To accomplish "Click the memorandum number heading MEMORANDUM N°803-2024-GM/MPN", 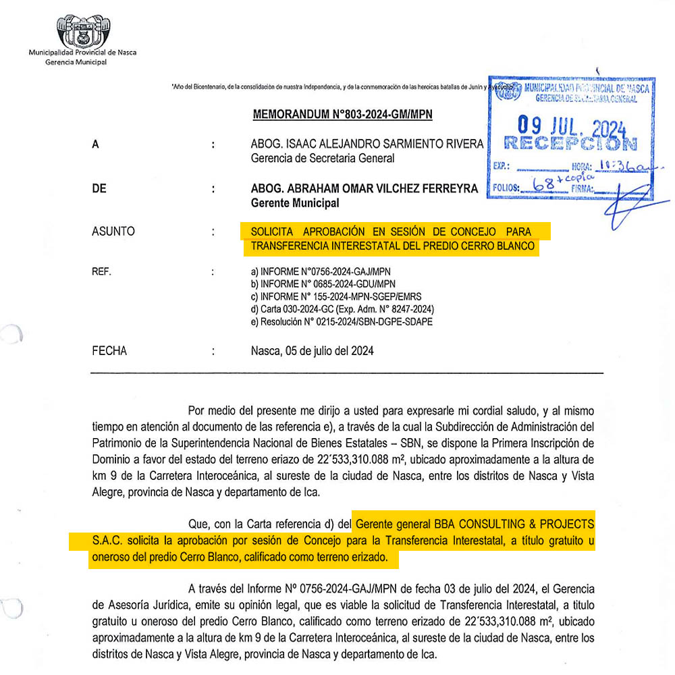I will point(342,115).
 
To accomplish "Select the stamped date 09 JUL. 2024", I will point(572,127).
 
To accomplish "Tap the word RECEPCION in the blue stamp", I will point(570,143).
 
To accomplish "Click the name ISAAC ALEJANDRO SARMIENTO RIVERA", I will point(390,144).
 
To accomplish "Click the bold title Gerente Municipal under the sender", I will point(295,203).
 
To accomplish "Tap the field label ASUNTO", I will point(113,232).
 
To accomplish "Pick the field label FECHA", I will point(109,351).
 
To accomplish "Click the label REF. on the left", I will point(101,273).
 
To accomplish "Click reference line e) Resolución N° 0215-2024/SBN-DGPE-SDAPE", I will point(342,322).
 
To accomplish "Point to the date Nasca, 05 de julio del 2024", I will point(312,351).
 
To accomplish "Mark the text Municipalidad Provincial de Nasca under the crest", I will point(82,52).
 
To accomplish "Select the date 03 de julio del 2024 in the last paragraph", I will point(449,589).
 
